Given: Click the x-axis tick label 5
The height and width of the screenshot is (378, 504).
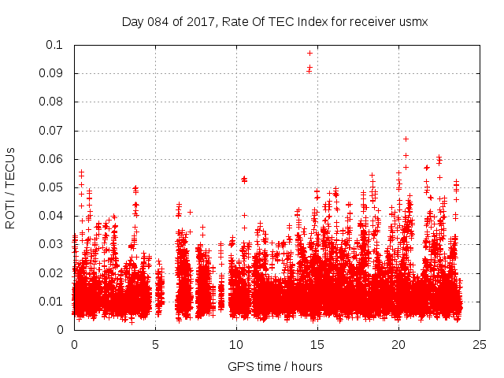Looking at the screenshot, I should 155,344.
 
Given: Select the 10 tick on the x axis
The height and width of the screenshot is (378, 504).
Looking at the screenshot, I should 236,344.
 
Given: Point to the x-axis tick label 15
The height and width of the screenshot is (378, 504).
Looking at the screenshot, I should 317,344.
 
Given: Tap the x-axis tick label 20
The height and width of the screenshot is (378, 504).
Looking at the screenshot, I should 398,344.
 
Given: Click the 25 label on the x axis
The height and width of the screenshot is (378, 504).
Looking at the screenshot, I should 480,344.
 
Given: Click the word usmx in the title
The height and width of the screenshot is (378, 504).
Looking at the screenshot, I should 413,21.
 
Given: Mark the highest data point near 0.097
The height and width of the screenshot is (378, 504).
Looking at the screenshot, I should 309,53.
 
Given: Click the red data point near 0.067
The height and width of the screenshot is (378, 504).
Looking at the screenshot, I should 406,139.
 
